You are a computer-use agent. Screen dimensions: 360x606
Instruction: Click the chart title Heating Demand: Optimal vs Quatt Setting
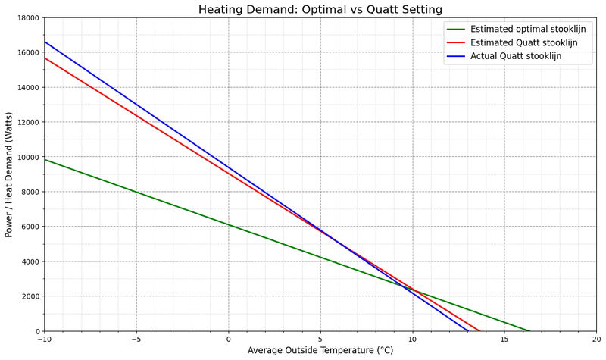tap(320, 10)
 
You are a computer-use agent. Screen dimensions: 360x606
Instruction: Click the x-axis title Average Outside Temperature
tap(320, 350)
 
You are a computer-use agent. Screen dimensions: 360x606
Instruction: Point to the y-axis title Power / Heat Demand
tap(10, 174)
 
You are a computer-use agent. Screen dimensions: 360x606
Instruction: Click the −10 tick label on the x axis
tap(44, 339)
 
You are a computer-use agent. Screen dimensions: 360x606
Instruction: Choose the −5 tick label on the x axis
tap(136, 339)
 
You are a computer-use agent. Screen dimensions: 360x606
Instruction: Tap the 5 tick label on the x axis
tap(320, 339)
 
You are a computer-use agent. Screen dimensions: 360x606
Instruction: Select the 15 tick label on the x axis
tap(504, 339)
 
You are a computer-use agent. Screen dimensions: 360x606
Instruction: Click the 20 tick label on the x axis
tap(596, 339)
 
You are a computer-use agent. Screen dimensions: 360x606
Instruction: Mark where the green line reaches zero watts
tap(529, 331)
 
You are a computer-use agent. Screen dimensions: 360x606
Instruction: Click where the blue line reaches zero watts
tap(468, 331)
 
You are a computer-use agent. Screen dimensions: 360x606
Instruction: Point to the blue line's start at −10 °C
tap(45, 42)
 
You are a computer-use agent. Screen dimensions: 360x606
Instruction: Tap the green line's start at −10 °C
tap(45, 159)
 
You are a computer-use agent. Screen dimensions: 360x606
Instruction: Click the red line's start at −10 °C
tap(45, 58)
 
